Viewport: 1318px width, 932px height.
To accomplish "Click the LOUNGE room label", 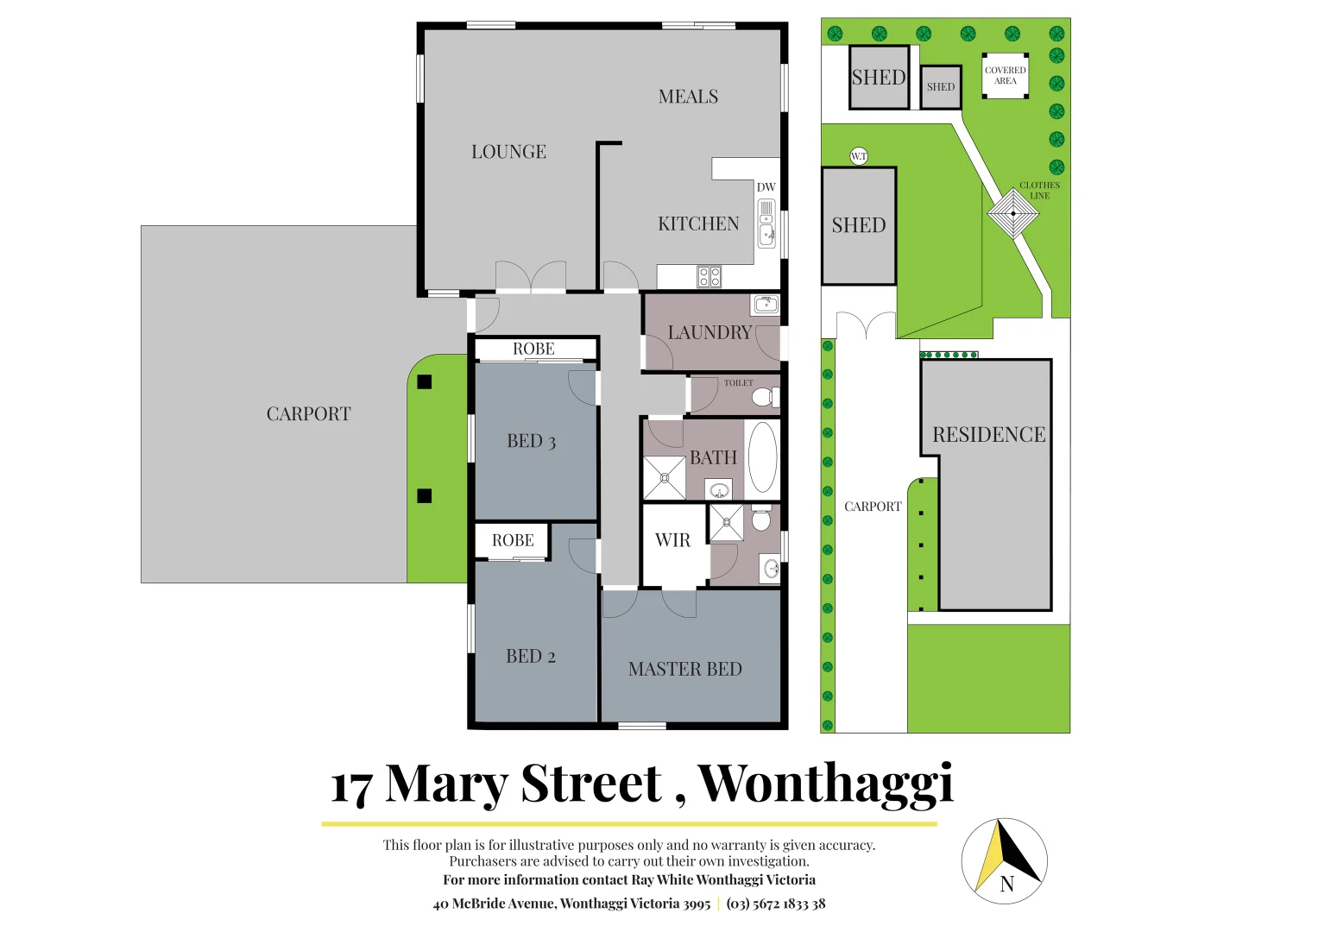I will pos(508,152).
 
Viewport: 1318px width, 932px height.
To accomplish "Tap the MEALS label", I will pos(688,97).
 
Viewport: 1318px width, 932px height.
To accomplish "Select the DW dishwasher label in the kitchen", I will pos(766,187).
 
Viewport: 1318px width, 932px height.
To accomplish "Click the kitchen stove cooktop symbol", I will pos(709,277).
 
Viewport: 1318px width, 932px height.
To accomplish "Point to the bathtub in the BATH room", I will pos(762,457).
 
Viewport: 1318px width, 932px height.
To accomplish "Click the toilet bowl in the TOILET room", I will pos(762,398).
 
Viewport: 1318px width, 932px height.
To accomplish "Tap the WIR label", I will pos(672,540).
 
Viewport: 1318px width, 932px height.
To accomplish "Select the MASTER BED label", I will pos(684,669).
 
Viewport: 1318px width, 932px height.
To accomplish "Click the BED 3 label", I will pos(531,441).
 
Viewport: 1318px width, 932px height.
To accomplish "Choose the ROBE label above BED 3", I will pos(533,349).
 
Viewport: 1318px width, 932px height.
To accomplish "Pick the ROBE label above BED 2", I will pos(513,540).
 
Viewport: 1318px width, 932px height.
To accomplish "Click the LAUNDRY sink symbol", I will pos(766,304).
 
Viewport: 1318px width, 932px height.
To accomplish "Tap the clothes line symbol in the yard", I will pos(1012,213).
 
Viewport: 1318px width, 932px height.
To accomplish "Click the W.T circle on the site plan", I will pos(858,156).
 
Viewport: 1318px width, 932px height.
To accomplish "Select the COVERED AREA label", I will pos(1005,76).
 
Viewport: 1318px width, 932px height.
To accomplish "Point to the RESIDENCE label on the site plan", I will pos(988,435).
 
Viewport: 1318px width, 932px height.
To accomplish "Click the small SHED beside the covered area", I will pos(940,87).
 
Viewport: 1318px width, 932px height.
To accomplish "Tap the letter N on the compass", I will pos(1006,885).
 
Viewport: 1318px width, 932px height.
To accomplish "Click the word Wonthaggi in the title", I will pos(825,784).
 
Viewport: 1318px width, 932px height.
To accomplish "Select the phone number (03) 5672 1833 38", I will pos(776,904).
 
